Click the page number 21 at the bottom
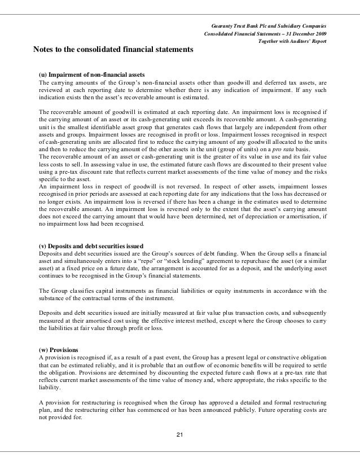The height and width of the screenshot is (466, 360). point(180,434)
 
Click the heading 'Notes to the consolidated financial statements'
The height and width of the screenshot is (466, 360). point(113,50)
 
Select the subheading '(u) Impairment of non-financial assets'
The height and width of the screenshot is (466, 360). point(92,74)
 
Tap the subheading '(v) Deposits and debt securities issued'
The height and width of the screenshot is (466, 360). point(91,246)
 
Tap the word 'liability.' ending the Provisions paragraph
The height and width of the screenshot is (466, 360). point(49,387)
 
